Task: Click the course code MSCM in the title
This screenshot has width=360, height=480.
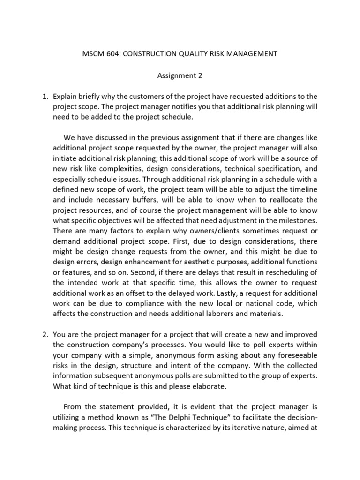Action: pos(93,54)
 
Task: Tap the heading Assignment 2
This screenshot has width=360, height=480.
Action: pos(180,75)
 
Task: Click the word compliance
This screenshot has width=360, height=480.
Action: pos(116,303)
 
